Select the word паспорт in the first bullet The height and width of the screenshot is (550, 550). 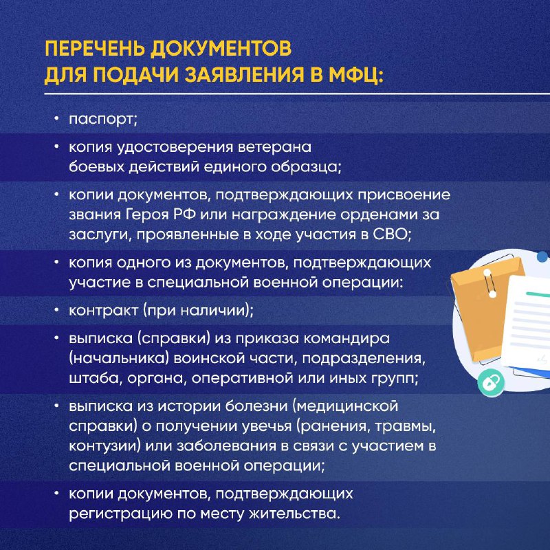[x=102, y=120]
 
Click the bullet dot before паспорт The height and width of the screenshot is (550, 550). [x=56, y=118]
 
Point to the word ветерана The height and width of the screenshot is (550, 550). [x=274, y=146]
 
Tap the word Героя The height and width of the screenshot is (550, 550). [x=147, y=214]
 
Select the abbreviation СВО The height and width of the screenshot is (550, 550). [x=390, y=234]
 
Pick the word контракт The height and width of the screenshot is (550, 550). [x=104, y=311]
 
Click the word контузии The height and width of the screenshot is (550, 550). [x=105, y=445]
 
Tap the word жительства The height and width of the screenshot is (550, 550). [x=295, y=514]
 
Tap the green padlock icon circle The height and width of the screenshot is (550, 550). [x=491, y=383]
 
